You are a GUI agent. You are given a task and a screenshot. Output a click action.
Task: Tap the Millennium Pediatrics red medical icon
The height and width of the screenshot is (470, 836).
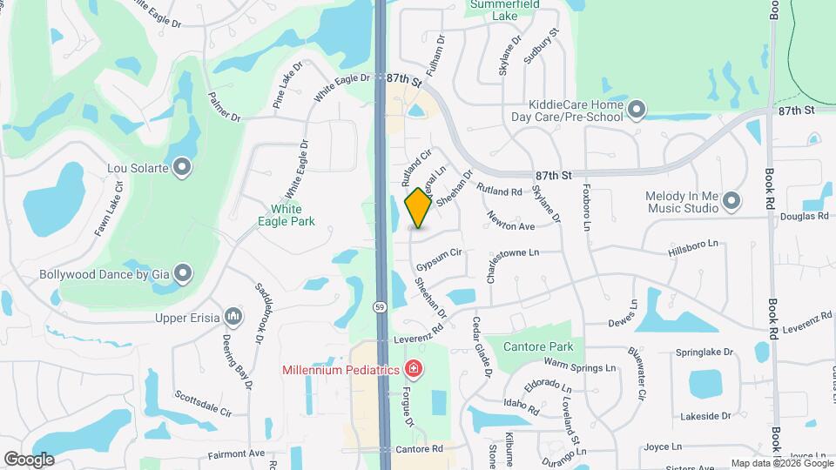click(x=414, y=370)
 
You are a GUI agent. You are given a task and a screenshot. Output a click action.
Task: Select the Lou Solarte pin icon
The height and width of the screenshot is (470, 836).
click(x=182, y=165)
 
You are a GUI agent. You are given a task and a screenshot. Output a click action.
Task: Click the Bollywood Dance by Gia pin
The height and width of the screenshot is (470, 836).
click(x=182, y=274)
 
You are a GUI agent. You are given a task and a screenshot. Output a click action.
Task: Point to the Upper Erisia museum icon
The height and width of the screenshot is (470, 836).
click(x=233, y=316)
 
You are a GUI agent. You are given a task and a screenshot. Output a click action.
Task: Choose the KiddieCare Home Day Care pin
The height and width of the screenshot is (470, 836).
click(x=637, y=109)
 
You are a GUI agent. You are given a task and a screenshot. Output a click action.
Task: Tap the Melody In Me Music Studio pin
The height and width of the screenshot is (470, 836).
click(x=731, y=201)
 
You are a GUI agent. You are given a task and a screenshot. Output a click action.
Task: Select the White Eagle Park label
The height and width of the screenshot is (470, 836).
click(x=286, y=215)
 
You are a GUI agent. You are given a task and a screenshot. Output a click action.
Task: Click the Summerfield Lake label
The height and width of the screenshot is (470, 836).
click(x=505, y=10)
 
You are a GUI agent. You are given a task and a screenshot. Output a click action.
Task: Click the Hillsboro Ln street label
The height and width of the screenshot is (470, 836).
click(x=696, y=249)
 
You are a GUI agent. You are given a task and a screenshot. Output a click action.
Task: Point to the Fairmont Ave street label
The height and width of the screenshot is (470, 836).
click(x=236, y=453)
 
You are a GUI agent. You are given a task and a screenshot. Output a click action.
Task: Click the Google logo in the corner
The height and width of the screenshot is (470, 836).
click(x=29, y=459)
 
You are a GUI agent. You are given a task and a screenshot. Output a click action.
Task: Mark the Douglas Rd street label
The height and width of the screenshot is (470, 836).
click(x=803, y=216)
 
